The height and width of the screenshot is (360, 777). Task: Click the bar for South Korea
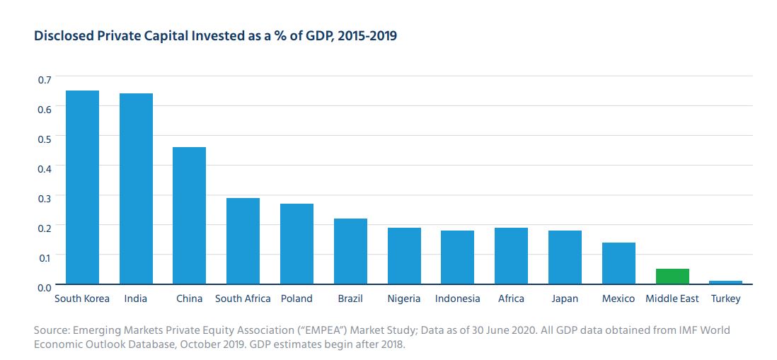(x=82, y=187)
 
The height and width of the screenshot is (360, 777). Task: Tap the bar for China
(x=190, y=215)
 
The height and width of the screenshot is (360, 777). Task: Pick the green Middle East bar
(x=672, y=276)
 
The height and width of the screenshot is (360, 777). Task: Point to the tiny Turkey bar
(x=726, y=281)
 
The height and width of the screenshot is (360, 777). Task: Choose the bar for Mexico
(x=618, y=262)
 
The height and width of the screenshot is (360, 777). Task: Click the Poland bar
(x=297, y=243)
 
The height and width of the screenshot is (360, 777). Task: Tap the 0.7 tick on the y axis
(x=44, y=79)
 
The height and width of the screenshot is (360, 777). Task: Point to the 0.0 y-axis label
(x=44, y=286)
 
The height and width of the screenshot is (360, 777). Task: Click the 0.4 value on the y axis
(x=44, y=168)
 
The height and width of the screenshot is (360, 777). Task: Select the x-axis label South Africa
(x=243, y=298)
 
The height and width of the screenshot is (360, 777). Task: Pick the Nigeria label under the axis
(x=404, y=298)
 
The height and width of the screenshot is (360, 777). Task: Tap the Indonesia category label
(x=457, y=298)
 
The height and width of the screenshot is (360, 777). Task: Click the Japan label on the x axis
(x=565, y=298)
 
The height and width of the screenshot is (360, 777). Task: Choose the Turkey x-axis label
(x=726, y=298)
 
